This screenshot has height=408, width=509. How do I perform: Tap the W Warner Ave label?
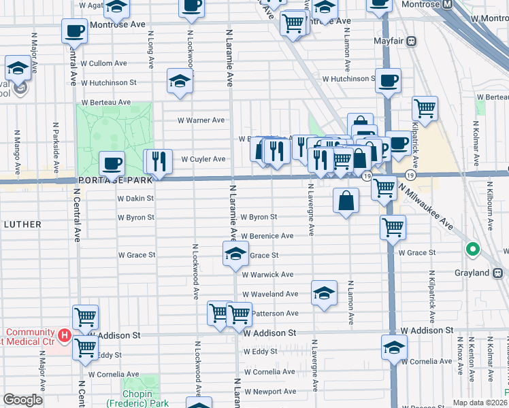point(201,120)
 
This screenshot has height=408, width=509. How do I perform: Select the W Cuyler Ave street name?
point(203,159)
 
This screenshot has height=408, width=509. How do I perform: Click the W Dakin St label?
point(135,199)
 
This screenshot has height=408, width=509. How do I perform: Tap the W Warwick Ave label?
point(268,275)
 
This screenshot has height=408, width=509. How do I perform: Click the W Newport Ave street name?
point(270,392)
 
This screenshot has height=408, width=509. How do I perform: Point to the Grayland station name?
point(472,273)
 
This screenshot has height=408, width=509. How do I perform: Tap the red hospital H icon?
point(64,335)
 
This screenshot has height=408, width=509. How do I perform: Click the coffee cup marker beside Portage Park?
point(112,163)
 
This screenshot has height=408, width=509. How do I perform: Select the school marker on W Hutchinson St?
point(179,81)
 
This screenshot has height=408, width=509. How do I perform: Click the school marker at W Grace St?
point(235,254)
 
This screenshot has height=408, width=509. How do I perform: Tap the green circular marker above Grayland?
point(473,250)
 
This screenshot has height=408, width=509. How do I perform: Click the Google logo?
point(22,400)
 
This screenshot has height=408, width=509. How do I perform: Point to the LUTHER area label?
point(22,224)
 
